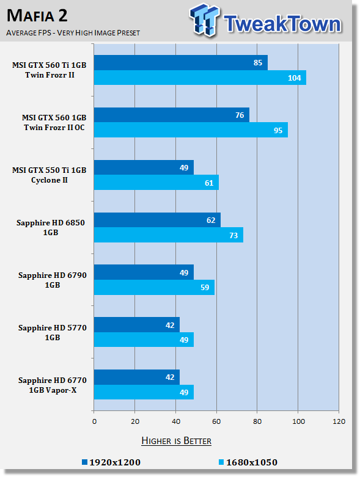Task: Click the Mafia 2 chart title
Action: click(x=37, y=15)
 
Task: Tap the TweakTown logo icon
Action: click(x=204, y=20)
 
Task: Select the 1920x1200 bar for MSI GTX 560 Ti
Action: click(x=181, y=63)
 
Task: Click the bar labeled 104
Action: click(x=200, y=78)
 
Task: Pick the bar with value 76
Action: click(x=172, y=115)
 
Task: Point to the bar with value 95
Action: click(x=191, y=130)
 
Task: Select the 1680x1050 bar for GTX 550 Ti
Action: click(x=156, y=183)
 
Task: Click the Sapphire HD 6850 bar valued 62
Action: click(x=157, y=220)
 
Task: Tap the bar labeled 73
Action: click(x=169, y=235)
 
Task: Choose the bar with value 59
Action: click(x=154, y=288)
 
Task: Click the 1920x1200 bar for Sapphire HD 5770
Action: click(x=137, y=325)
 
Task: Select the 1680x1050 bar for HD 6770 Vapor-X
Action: click(x=144, y=392)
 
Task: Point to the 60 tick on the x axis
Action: click(x=216, y=421)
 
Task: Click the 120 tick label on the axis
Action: click(x=339, y=421)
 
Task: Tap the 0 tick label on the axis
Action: click(x=94, y=421)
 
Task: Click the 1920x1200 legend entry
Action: click(x=111, y=462)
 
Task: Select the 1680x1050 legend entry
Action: click(x=248, y=462)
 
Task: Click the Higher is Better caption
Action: click(x=177, y=441)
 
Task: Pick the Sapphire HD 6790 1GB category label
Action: click(x=53, y=280)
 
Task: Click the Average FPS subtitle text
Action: click(x=73, y=32)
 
